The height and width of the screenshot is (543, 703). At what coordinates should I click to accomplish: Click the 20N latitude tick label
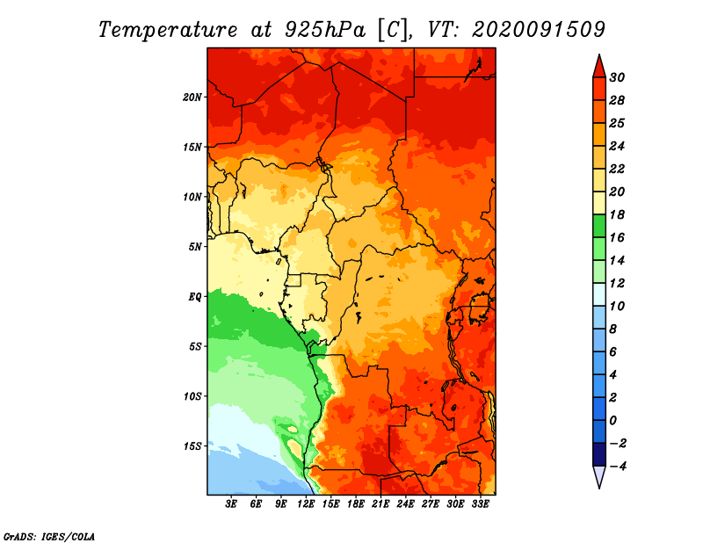[192, 97]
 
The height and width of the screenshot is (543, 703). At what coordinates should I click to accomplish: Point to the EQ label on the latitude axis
[194, 297]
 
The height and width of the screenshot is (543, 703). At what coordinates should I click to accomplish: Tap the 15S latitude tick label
[192, 446]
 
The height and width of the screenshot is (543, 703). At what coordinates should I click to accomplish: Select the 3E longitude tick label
[231, 504]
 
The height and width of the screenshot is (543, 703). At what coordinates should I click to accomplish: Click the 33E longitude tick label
[480, 504]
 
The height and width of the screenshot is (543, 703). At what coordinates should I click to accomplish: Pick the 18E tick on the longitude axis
[356, 504]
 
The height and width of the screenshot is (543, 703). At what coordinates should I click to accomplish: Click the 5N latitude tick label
[195, 247]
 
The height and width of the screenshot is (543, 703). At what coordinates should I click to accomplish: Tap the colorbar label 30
[617, 77]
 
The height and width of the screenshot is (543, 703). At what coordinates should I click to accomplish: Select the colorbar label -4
[618, 467]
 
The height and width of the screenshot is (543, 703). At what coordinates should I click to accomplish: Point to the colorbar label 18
[617, 214]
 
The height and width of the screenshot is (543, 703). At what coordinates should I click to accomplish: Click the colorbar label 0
[612, 421]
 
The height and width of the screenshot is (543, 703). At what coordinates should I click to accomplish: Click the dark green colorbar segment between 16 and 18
[599, 226]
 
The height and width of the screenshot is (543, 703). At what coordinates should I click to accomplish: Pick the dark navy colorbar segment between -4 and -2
[599, 454]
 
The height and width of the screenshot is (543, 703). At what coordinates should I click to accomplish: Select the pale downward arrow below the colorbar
[599, 476]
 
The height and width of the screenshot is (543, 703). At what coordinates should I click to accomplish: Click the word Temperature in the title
[168, 30]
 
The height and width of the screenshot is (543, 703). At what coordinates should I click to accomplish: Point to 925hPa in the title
[325, 30]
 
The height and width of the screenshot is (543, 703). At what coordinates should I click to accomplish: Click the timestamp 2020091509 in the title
[539, 30]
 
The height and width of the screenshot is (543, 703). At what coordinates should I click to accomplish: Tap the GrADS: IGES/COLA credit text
[49, 537]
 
